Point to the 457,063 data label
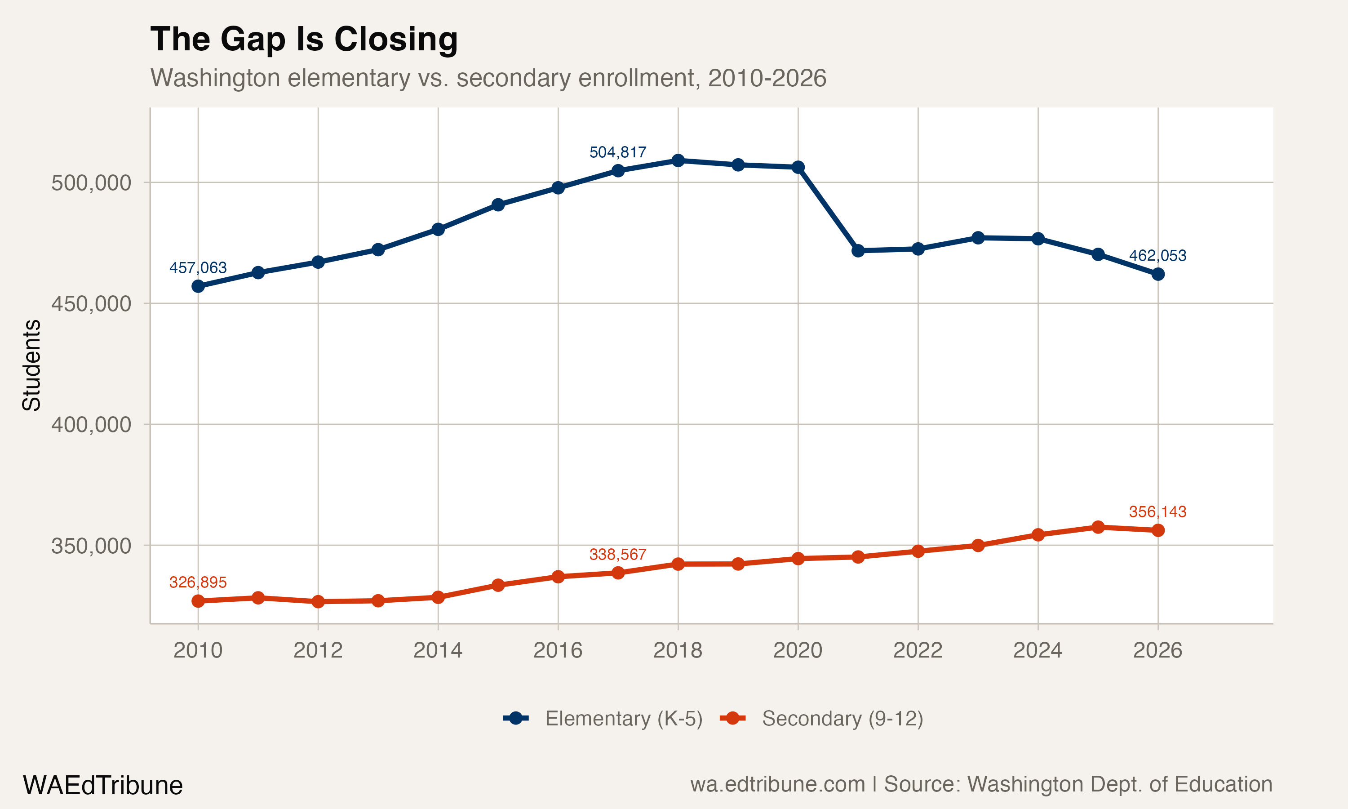198,268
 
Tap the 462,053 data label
1157,255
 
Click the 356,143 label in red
1157,511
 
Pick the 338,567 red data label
617,555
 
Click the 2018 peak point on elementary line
678,160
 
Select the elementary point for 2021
858,251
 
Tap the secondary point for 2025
1098,527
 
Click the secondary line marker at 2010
198,601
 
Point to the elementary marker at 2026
1158,274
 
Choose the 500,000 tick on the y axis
91,182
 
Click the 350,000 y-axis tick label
91,546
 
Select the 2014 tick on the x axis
438,650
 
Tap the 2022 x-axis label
918,650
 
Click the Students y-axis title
31,365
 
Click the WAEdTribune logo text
102,786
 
